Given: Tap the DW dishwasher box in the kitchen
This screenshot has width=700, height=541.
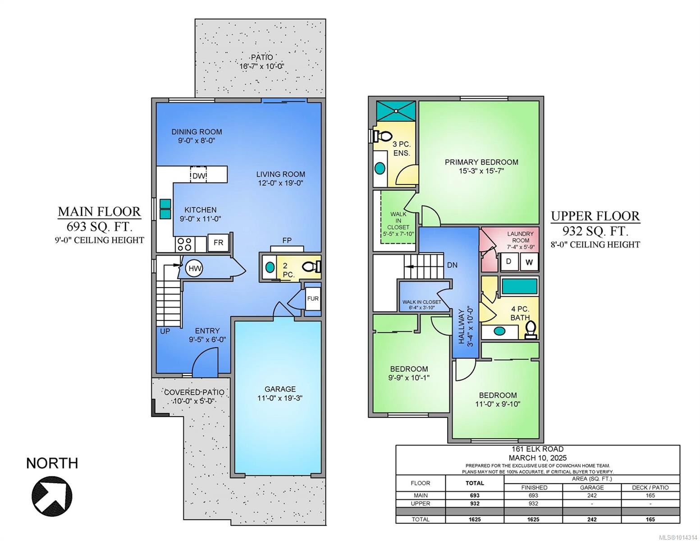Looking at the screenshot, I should [x=199, y=175].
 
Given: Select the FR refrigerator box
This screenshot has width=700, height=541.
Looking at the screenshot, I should [x=218, y=243].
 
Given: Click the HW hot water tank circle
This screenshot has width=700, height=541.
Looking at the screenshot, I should [x=195, y=269].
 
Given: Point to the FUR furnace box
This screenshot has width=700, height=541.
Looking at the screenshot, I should [x=312, y=299].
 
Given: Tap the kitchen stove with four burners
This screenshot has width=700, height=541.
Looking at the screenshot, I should [x=184, y=244].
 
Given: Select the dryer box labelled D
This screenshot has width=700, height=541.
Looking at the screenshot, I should [x=509, y=261].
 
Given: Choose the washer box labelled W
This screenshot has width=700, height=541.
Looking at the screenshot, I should [x=529, y=261].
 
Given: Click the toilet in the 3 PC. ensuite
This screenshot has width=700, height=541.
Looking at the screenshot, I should [x=383, y=135].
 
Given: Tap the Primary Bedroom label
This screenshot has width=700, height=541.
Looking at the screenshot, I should [x=481, y=162].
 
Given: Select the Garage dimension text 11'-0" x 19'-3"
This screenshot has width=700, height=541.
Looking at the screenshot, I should [x=280, y=398].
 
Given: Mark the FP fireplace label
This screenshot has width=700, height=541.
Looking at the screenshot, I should [x=287, y=240].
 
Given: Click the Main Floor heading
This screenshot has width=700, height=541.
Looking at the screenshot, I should [x=99, y=211].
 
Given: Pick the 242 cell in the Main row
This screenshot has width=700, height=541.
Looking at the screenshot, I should [x=591, y=495].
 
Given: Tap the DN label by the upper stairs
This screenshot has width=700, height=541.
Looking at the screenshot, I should [x=452, y=265].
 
